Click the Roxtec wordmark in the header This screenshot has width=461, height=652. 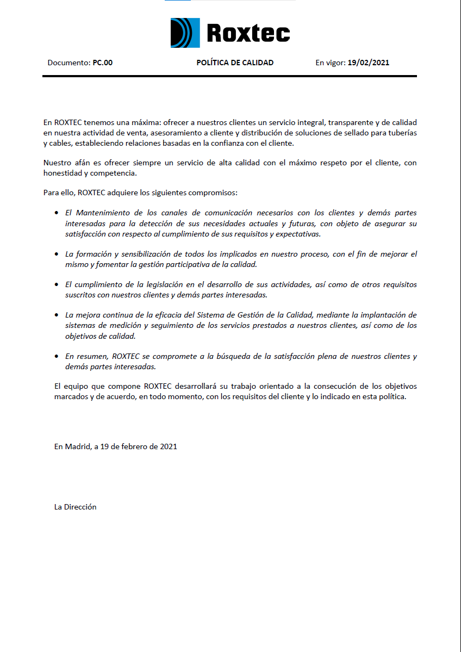(x=248, y=33)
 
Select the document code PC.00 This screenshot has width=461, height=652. (x=102, y=63)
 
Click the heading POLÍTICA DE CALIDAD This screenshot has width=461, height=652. (x=235, y=63)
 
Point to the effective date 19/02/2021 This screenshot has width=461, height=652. (x=369, y=63)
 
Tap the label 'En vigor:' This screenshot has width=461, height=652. (x=331, y=63)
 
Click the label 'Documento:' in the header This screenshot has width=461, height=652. (x=68, y=63)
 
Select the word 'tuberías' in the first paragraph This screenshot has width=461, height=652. (x=402, y=133)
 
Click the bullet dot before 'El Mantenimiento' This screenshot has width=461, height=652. (x=57, y=213)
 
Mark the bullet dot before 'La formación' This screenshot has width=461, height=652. (x=57, y=254)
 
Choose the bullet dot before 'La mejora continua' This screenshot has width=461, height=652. (x=57, y=315)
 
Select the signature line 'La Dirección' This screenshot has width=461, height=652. (x=75, y=507)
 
